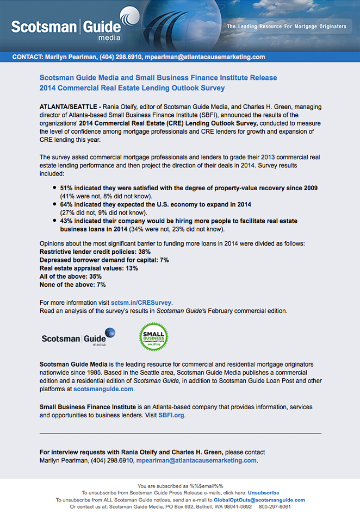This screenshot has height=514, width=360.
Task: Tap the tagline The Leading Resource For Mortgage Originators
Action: pyautogui.click(x=286, y=26)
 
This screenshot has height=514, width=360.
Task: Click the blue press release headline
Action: pyautogui.click(x=158, y=83)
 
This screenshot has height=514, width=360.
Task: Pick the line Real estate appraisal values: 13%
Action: pyautogui.click(x=89, y=268)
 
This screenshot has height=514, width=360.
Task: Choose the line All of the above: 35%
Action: pyautogui.click(x=71, y=277)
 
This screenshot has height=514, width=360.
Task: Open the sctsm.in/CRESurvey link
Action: pyautogui.click(x=141, y=302)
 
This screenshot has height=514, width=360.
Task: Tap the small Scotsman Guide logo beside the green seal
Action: pyautogui.click(x=78, y=337)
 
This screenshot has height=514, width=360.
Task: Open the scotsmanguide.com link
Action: pyautogui.click(x=103, y=389)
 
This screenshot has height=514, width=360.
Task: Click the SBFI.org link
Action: pyautogui.click(x=171, y=415)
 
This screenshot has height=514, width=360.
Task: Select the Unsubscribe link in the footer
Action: pyautogui.click(x=263, y=493)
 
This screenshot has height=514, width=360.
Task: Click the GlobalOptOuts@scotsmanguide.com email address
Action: pyautogui.click(x=259, y=500)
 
